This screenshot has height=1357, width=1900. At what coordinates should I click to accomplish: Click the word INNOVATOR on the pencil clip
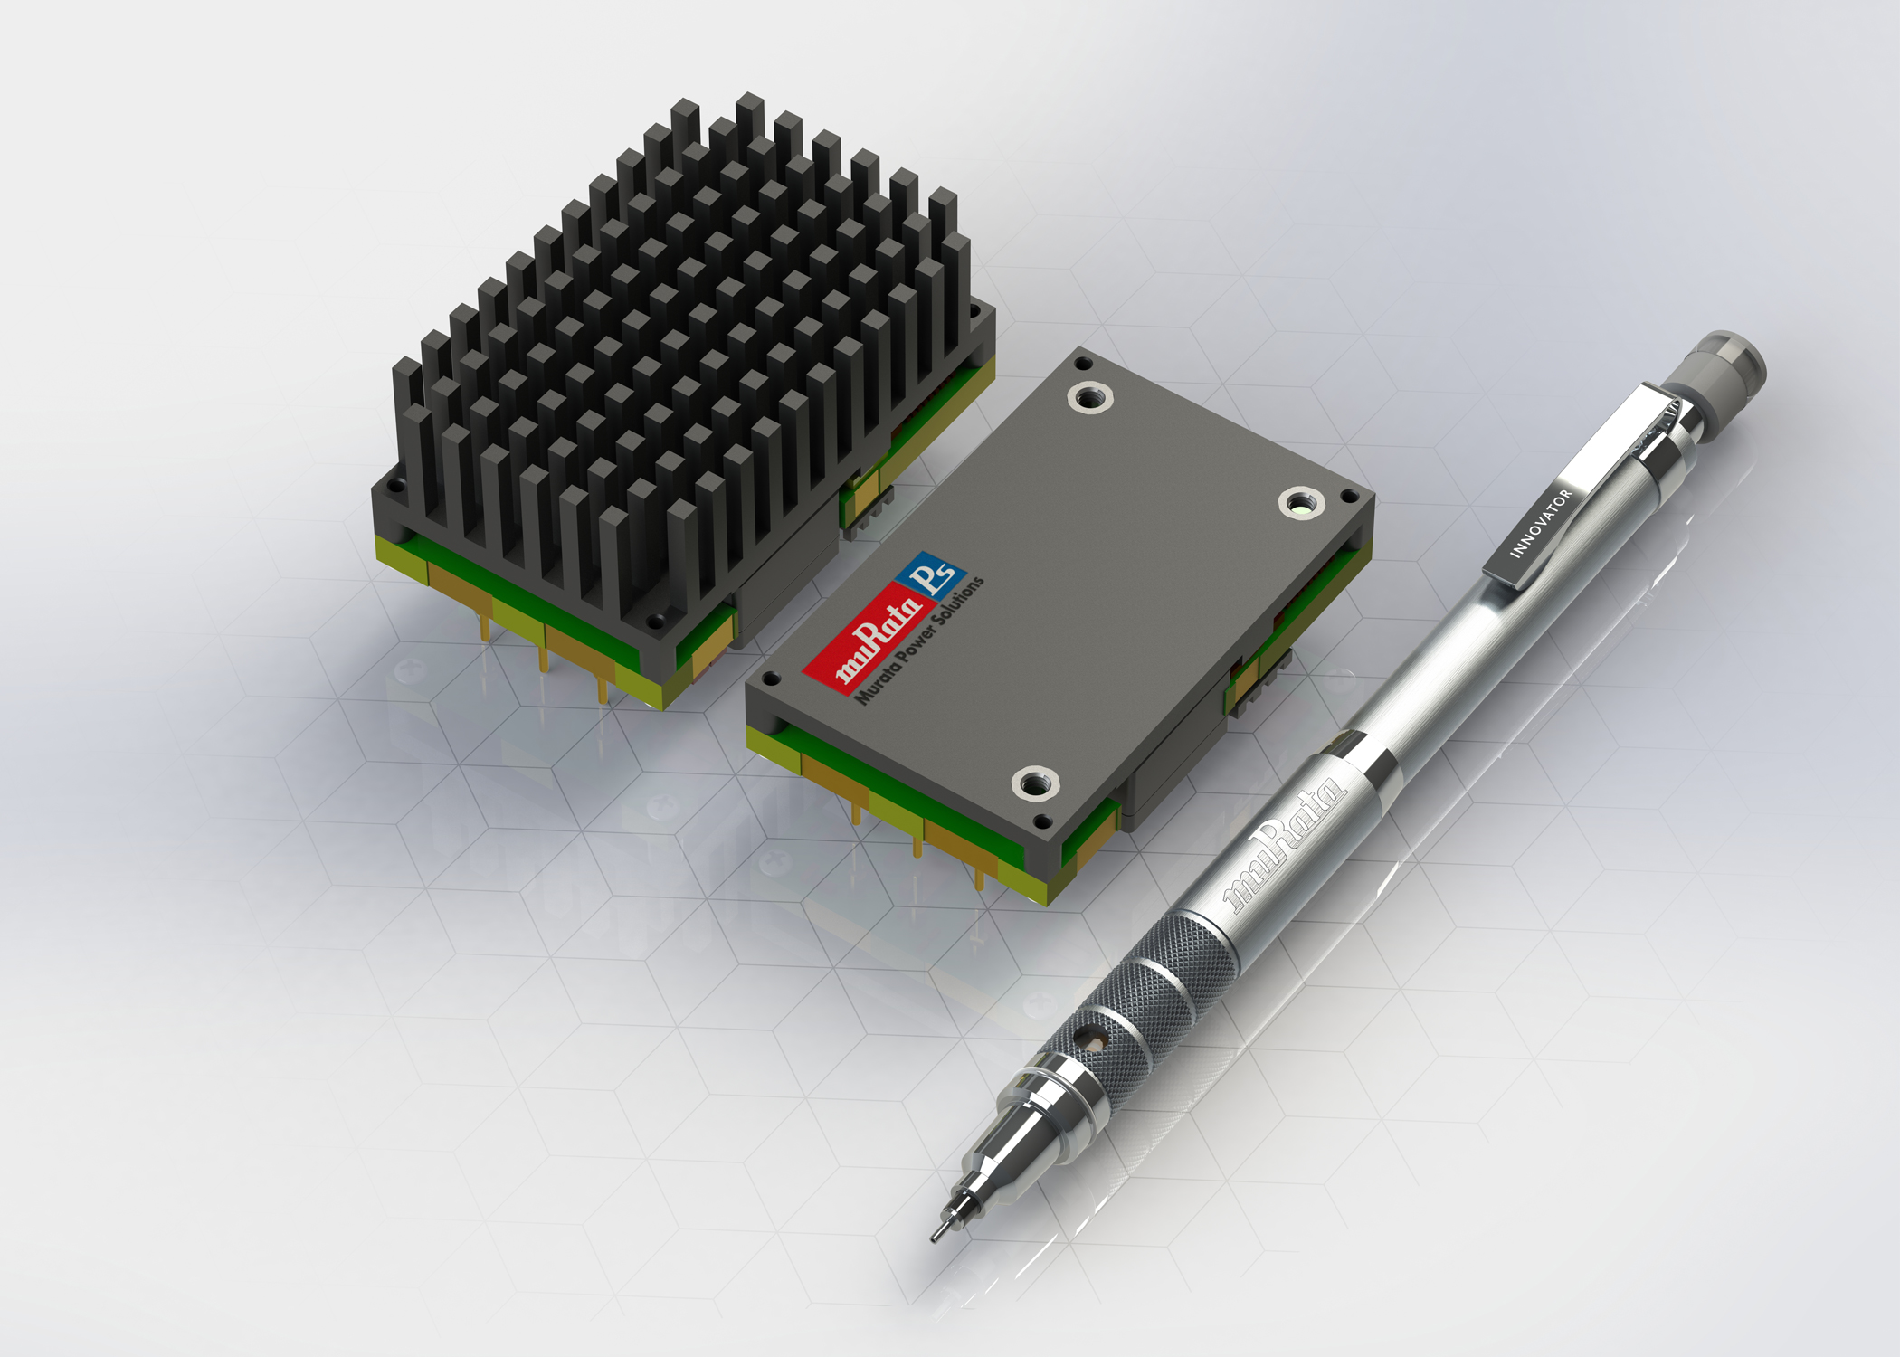click(x=1542, y=524)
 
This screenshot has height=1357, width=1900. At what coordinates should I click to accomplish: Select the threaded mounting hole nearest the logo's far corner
click(x=1089, y=396)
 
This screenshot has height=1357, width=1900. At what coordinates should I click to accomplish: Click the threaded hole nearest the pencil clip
click(x=1301, y=502)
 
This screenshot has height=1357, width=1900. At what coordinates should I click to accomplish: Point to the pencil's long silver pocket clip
click(x=1574, y=489)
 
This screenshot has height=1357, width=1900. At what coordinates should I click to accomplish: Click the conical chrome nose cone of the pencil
click(x=1013, y=1144)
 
